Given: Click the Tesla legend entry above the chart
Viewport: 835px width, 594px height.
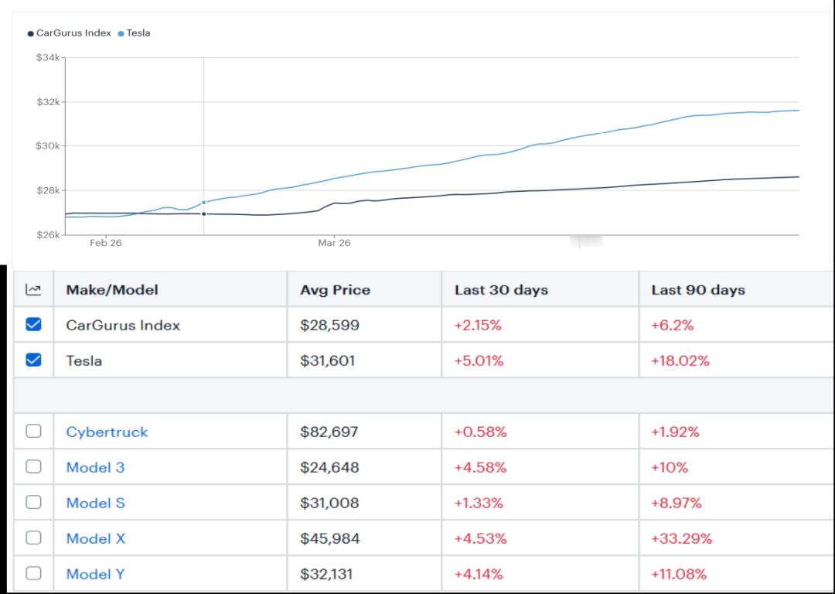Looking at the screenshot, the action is coord(135,33).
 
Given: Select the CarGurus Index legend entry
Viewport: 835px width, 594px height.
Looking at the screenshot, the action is coord(70,33).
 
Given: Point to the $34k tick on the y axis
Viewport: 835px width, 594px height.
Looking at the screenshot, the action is coord(48,57).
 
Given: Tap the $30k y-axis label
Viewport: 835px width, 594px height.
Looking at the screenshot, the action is coord(48,146).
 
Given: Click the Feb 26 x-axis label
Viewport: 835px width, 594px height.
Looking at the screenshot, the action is coord(105,243).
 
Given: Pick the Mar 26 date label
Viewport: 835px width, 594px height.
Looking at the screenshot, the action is coord(334,243).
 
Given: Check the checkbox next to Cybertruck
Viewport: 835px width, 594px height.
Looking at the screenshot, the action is coord(33,431).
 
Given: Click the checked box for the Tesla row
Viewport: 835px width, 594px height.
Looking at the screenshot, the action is coord(33,360).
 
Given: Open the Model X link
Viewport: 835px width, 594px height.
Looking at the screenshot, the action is coord(96,538).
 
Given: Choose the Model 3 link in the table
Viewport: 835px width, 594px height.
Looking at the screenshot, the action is coord(95,467).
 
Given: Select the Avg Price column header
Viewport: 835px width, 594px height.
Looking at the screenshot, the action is coord(335,290).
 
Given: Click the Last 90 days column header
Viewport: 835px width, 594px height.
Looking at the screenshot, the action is coord(698,290).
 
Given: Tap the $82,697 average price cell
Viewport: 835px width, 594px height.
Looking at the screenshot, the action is coord(329,432).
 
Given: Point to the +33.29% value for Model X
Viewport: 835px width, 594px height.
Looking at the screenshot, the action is coord(681,538).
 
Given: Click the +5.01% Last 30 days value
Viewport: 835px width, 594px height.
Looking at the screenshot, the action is coord(479,360).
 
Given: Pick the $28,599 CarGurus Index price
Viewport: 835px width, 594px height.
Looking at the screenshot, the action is coord(329,325).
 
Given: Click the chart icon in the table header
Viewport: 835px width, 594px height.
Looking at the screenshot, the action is coord(33,289).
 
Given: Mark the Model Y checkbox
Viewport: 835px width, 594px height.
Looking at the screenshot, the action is coord(33,572).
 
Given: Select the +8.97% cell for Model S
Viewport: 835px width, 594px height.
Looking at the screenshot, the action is coord(677,503).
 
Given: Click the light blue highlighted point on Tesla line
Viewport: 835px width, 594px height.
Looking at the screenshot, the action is coord(204,203).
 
